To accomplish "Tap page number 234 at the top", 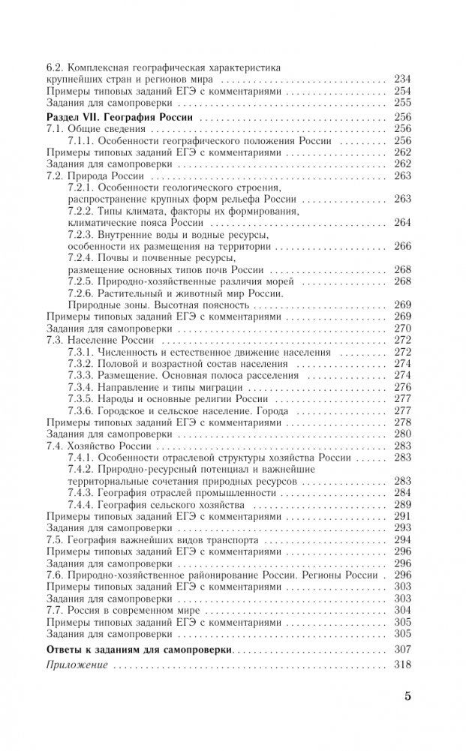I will (x=402, y=78).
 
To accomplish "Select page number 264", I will (x=402, y=222).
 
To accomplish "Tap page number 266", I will (x=402, y=246).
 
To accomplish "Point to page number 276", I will (x=402, y=386).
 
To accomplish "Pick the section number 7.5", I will (x=54, y=539).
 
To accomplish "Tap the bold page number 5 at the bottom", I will (x=407, y=695).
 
